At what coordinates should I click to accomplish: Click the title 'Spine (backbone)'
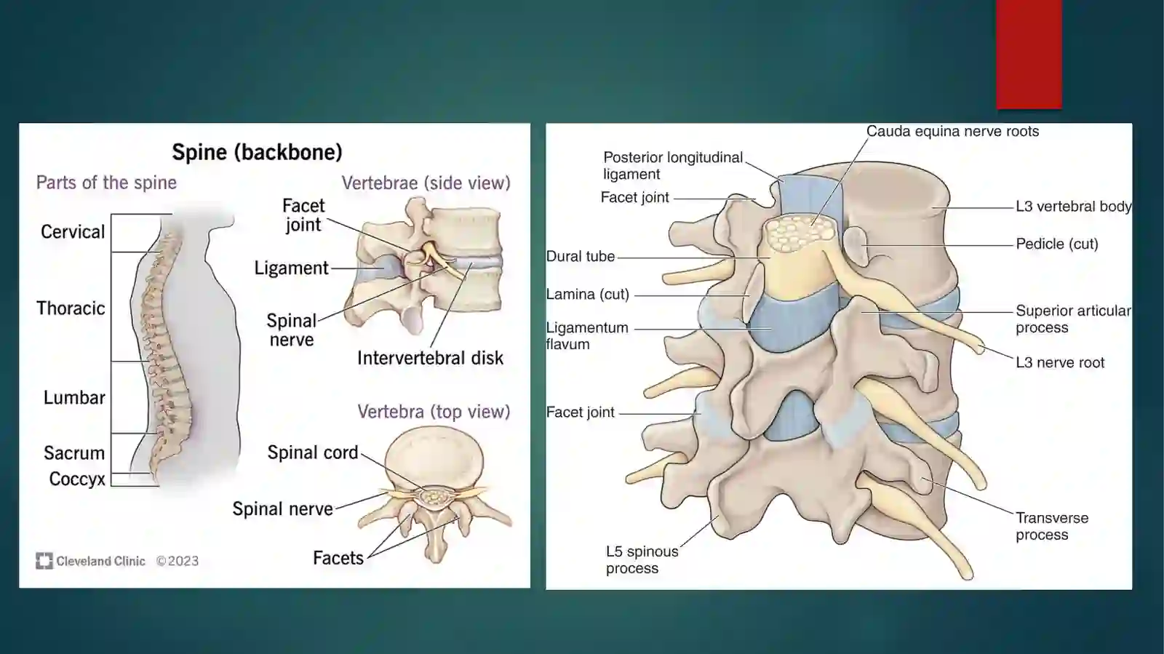(x=258, y=152)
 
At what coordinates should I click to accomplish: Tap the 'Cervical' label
(x=73, y=231)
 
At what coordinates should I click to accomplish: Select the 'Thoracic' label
(x=71, y=308)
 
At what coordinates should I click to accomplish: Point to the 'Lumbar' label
(x=74, y=397)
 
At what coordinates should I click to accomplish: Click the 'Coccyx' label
(x=77, y=479)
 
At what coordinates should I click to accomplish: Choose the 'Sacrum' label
(x=74, y=453)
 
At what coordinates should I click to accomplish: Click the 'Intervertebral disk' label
(x=430, y=358)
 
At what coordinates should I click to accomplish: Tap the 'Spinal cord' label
(x=313, y=452)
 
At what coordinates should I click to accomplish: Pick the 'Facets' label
(x=338, y=558)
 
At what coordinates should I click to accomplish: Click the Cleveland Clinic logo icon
(x=44, y=561)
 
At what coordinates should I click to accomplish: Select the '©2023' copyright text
(x=178, y=561)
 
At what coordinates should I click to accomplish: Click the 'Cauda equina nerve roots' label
(x=952, y=132)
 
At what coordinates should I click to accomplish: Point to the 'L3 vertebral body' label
(x=1074, y=207)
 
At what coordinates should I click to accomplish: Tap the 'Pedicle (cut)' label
(x=1057, y=244)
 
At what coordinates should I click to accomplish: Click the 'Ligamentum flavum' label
(x=587, y=336)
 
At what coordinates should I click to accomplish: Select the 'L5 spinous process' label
(x=642, y=559)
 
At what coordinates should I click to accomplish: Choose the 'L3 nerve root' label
(x=1060, y=362)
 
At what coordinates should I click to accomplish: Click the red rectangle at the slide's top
(x=1029, y=55)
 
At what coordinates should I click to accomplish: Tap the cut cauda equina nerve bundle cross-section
(x=800, y=234)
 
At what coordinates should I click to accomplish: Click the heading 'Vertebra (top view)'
(x=434, y=412)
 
